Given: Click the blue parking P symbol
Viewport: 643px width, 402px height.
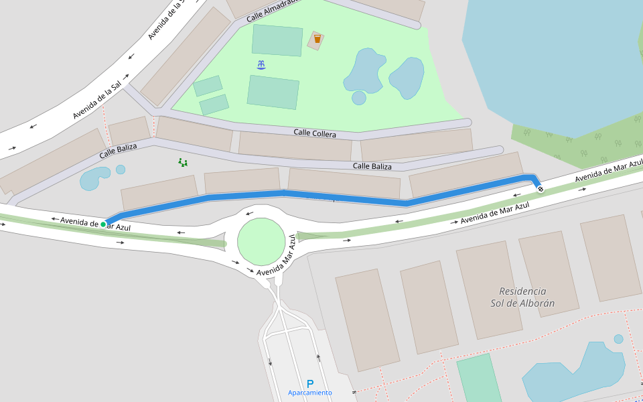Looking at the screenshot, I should pos(309,384).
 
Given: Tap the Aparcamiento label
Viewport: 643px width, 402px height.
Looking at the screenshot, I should pos(309,393).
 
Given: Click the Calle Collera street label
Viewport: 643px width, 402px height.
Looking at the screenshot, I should pos(315,133).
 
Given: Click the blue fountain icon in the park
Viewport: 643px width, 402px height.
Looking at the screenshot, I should pos(261,64).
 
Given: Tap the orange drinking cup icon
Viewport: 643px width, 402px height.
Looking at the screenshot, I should pos(317,39).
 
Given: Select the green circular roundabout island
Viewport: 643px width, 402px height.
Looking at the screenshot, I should pos(261,241).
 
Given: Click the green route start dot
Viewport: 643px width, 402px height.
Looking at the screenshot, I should pos(103,224).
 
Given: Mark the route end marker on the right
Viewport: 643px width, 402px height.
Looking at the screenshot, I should pos(541,189).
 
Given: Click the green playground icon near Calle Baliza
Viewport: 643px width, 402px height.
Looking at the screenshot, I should pos(182,162).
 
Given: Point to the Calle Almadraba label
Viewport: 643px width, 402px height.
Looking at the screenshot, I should pos(271,9).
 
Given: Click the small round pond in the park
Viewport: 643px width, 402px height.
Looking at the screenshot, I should pos(359,98).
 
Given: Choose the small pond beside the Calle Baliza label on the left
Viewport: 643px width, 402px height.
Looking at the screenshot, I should pos(94,178).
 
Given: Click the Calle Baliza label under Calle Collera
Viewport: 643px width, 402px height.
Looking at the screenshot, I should pos(372,166).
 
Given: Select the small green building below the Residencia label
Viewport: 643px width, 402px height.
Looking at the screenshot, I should pos(479,379).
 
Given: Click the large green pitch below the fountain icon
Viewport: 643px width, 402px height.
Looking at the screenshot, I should pos(273,92).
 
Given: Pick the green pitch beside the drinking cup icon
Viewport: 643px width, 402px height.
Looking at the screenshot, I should pos(277,40).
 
